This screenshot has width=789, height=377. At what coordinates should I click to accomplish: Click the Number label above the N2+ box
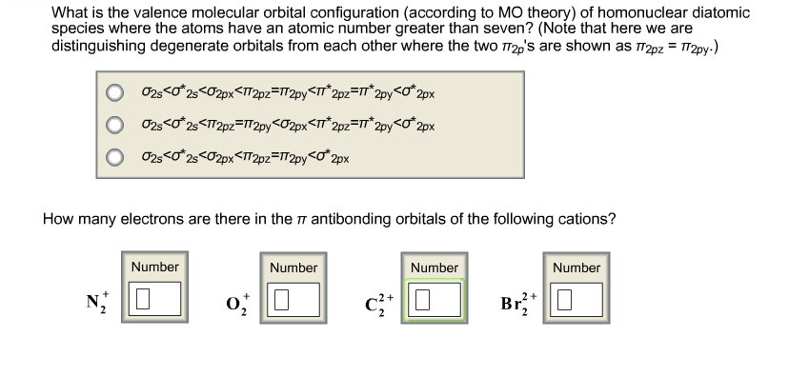pyautogui.click(x=154, y=268)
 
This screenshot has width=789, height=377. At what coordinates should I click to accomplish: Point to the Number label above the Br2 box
pyautogui.click(x=577, y=268)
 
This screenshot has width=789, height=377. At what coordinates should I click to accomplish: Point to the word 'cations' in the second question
pyautogui.click(x=583, y=218)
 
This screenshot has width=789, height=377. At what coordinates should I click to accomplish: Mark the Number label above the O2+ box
pyautogui.click(x=293, y=268)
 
